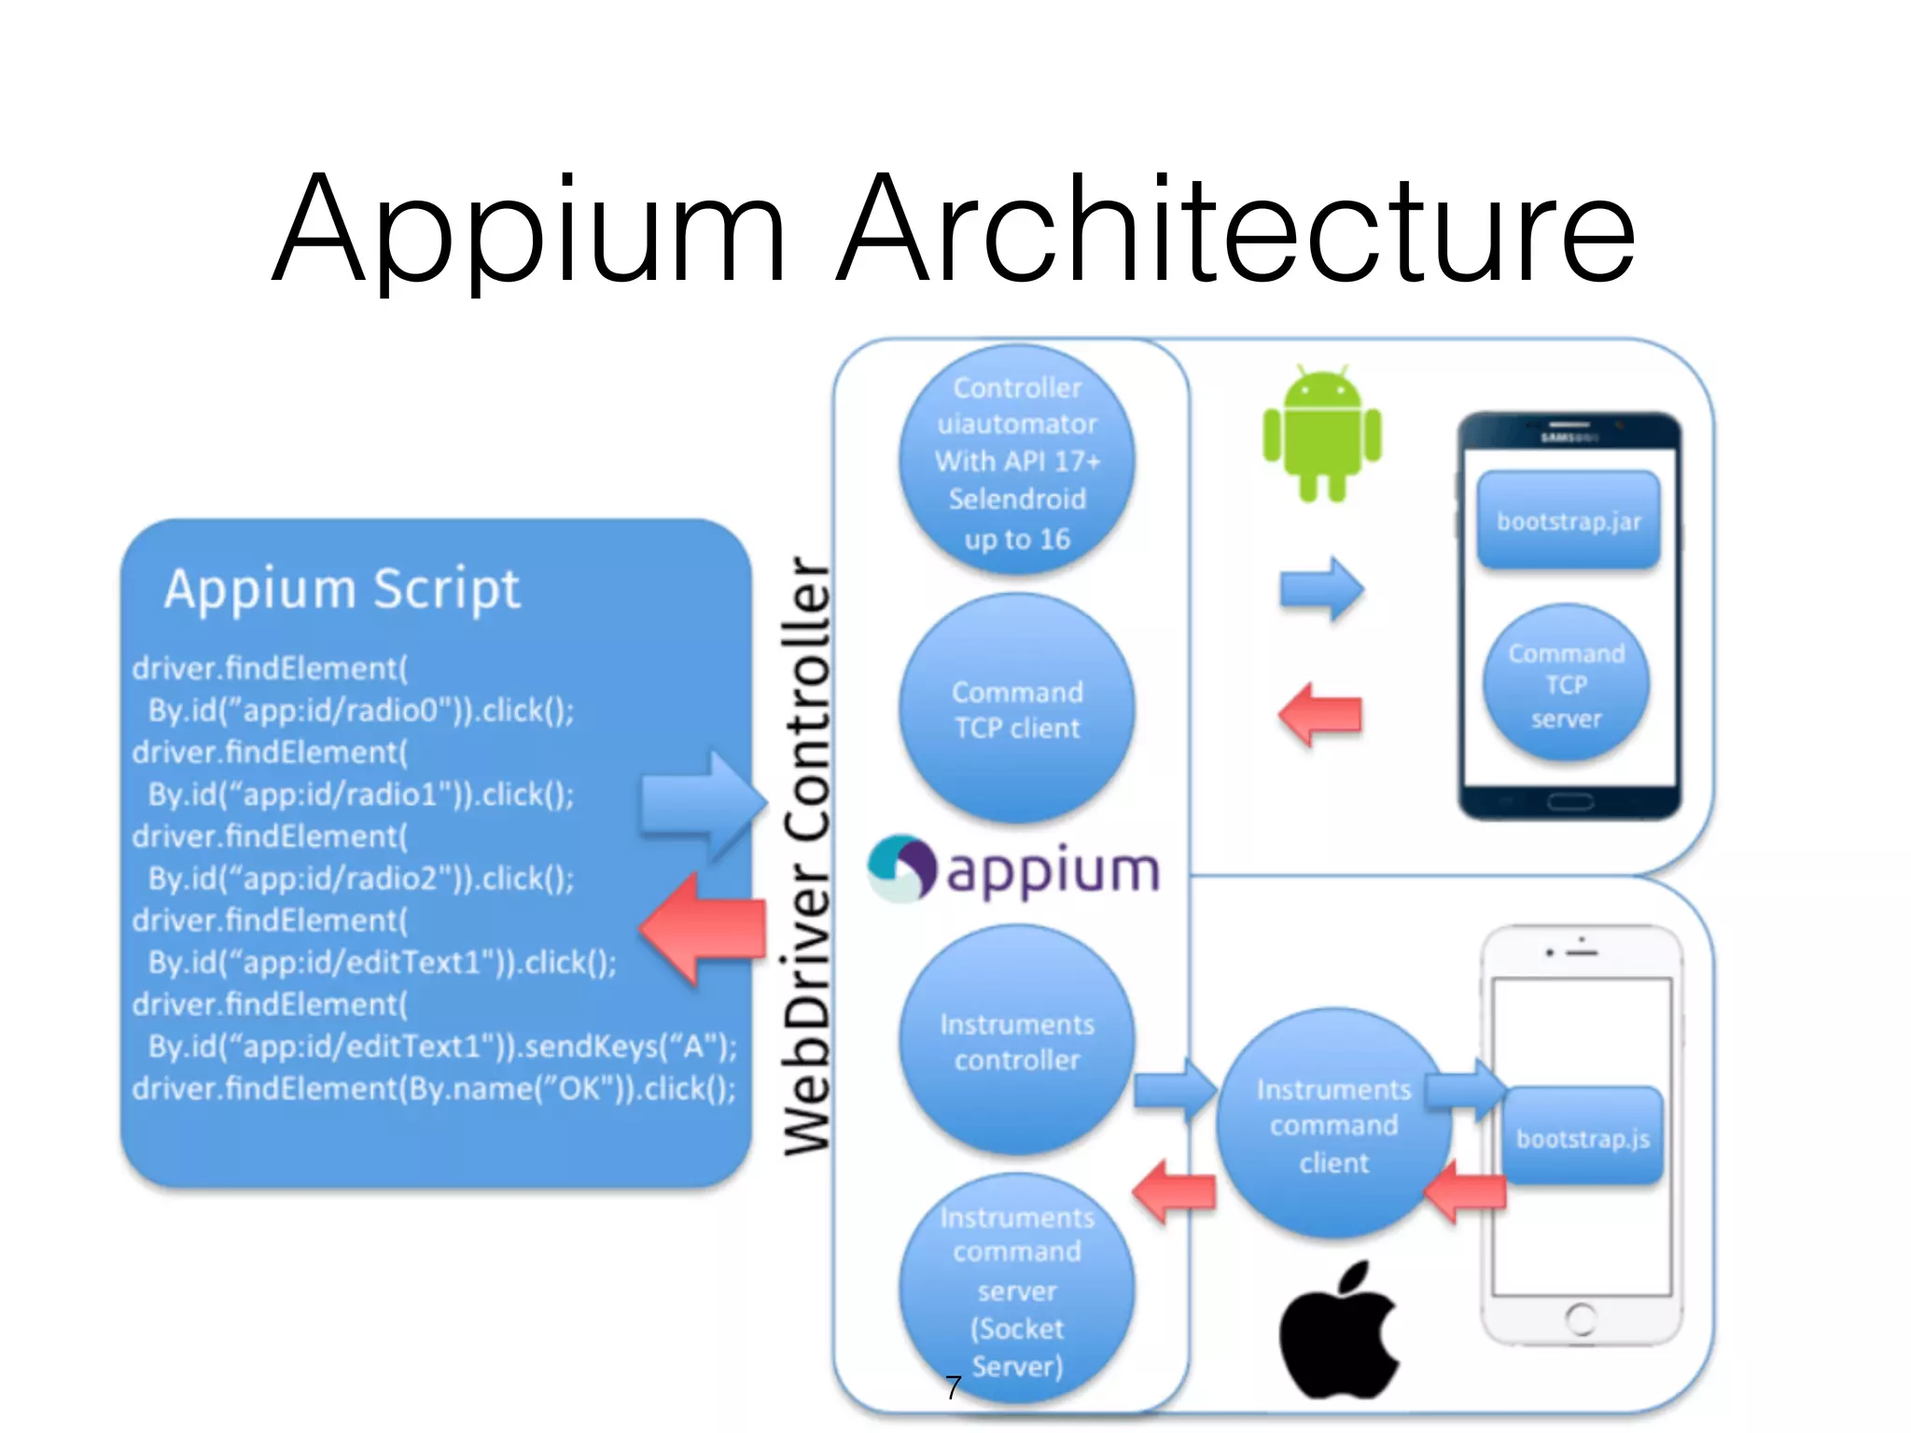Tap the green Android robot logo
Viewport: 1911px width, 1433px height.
click(x=1322, y=435)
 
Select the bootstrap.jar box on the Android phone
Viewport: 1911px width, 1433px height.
click(x=1569, y=521)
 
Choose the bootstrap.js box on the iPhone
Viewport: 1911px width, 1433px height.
click(x=1583, y=1137)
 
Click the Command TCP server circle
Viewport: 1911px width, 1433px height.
click(x=1566, y=685)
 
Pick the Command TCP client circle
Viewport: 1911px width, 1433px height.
click(x=1017, y=710)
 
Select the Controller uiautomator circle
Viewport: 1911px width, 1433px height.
click(x=1017, y=462)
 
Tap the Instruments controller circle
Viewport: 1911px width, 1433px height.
click(x=1017, y=1041)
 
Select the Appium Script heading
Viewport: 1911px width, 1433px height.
click(x=342, y=590)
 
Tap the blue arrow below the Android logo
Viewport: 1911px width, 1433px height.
click(x=1322, y=589)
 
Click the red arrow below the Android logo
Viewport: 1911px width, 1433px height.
click(x=1319, y=715)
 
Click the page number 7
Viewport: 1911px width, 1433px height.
click(x=953, y=1387)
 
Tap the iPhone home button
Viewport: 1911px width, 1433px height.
click(x=1581, y=1318)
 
